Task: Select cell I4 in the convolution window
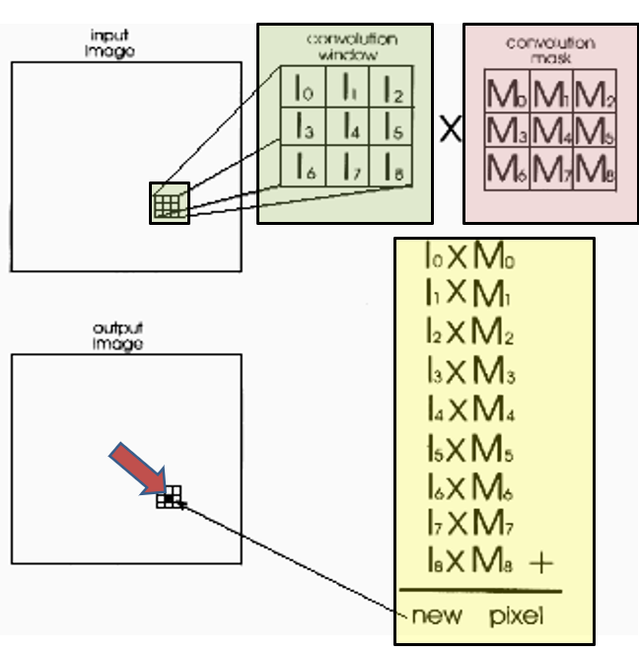[347, 126]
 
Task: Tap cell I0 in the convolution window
[304, 87]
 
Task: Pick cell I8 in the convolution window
[390, 166]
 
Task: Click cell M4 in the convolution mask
[551, 129]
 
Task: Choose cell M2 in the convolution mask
[595, 91]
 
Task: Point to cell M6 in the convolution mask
[507, 169]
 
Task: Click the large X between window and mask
[451, 128]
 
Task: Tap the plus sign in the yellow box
[541, 563]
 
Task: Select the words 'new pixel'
[477, 616]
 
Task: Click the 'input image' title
[109, 43]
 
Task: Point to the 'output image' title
[117, 336]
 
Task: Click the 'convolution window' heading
[351, 46]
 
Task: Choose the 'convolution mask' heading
[550, 50]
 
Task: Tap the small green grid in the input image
[167, 206]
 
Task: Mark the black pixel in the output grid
[169, 497]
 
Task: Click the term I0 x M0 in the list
[470, 254]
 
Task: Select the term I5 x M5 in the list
[470, 448]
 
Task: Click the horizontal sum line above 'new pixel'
[481, 591]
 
